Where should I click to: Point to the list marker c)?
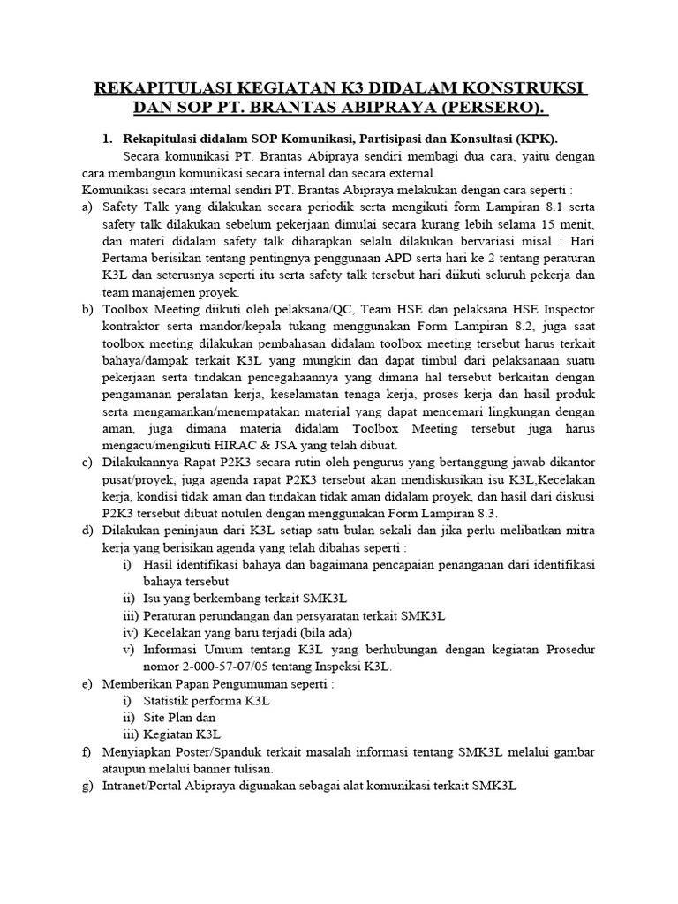pos(87,463)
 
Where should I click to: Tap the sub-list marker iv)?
pos(132,632)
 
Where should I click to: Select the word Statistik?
pos(176,700)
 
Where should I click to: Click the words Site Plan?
pos(173,717)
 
